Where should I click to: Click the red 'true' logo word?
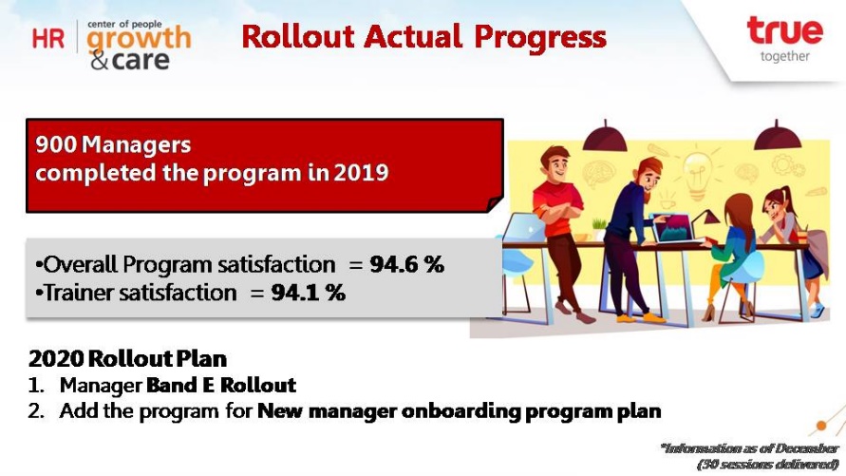click(785, 30)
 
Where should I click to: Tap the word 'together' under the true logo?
click(785, 57)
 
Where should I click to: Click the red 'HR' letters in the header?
click(48, 39)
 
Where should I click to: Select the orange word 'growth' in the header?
click(139, 39)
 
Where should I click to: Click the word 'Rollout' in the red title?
click(298, 37)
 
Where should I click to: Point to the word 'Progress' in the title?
click(540, 38)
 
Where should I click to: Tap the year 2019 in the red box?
click(361, 173)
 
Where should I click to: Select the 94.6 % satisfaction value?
click(406, 264)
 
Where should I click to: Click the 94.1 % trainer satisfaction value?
click(308, 293)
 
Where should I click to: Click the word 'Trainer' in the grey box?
click(80, 293)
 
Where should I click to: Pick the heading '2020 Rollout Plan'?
click(127, 358)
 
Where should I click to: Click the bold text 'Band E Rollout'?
click(221, 385)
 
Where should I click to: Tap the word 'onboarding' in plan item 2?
click(461, 410)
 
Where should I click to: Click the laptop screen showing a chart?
click(674, 228)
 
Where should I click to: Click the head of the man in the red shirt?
click(555, 163)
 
